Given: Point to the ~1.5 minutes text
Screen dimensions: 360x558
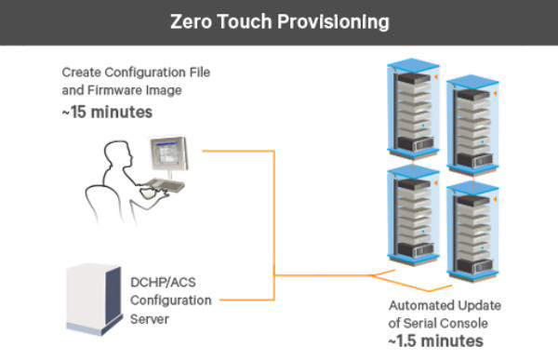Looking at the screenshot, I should click(x=436, y=340).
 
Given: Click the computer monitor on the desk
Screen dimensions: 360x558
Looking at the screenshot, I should click(x=169, y=154).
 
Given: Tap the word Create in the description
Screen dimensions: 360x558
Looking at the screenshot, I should click(x=81, y=72).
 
